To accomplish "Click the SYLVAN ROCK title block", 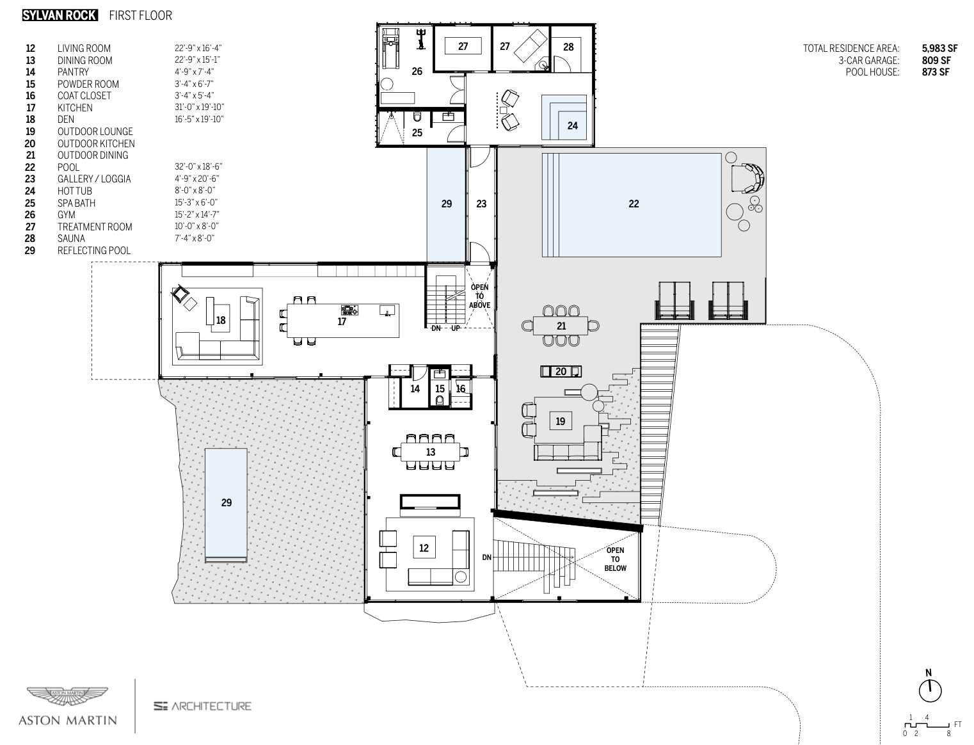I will click(60, 15).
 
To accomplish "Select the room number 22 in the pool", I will click(634, 204).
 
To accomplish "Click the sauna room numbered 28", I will click(568, 47).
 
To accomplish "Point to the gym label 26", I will click(417, 71).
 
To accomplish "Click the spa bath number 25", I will click(417, 133).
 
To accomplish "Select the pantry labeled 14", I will click(415, 389).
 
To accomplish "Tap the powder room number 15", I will click(440, 389).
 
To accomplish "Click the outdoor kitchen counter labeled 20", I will click(561, 371).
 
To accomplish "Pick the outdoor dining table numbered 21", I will click(561, 326).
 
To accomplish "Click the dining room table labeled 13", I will click(431, 452).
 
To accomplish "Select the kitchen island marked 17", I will click(342, 321).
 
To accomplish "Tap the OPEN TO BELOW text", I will click(615, 559).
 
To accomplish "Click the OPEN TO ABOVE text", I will click(479, 296).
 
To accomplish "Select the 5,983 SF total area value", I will click(939, 48).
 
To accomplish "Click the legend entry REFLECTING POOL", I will click(93, 250).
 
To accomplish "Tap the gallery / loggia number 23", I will click(481, 204).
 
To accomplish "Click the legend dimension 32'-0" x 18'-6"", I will click(198, 166).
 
